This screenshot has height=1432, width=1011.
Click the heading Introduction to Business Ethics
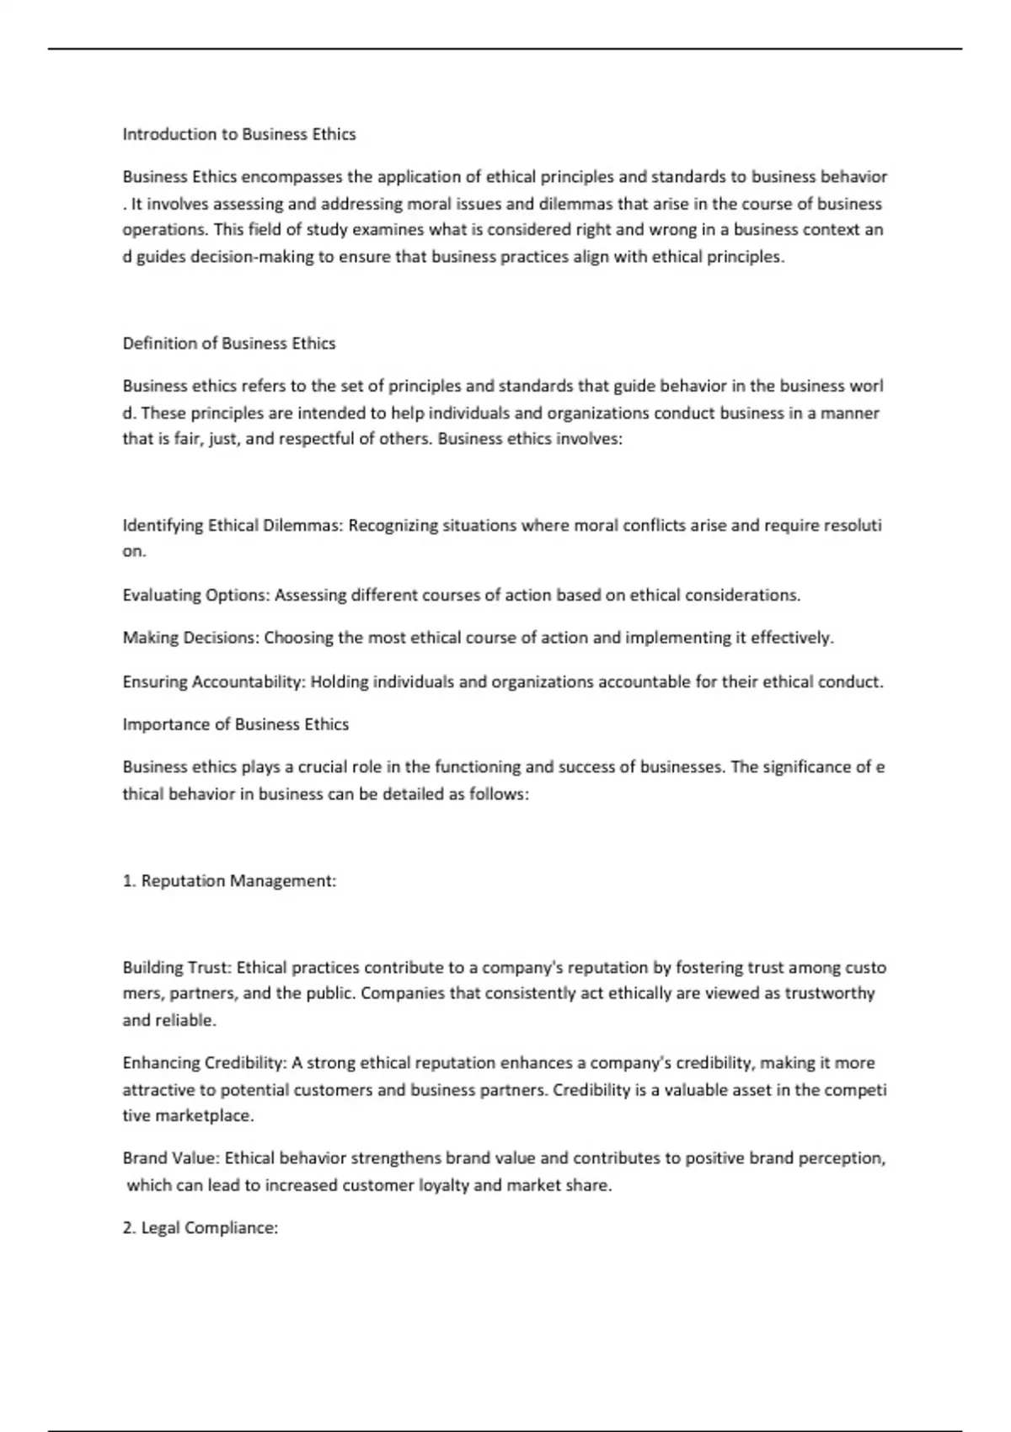[239, 134]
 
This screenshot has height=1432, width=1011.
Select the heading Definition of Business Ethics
[229, 343]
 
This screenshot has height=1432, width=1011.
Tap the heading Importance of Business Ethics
[235, 724]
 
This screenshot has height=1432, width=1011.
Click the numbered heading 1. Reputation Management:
[229, 881]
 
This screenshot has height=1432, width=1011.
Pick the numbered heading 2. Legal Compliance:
[201, 1228]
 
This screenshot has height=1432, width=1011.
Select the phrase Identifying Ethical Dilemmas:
[233, 526]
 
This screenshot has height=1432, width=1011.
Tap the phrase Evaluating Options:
[196, 596]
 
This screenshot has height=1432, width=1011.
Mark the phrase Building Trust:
[177, 968]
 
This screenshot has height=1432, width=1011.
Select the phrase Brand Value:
[171, 1158]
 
